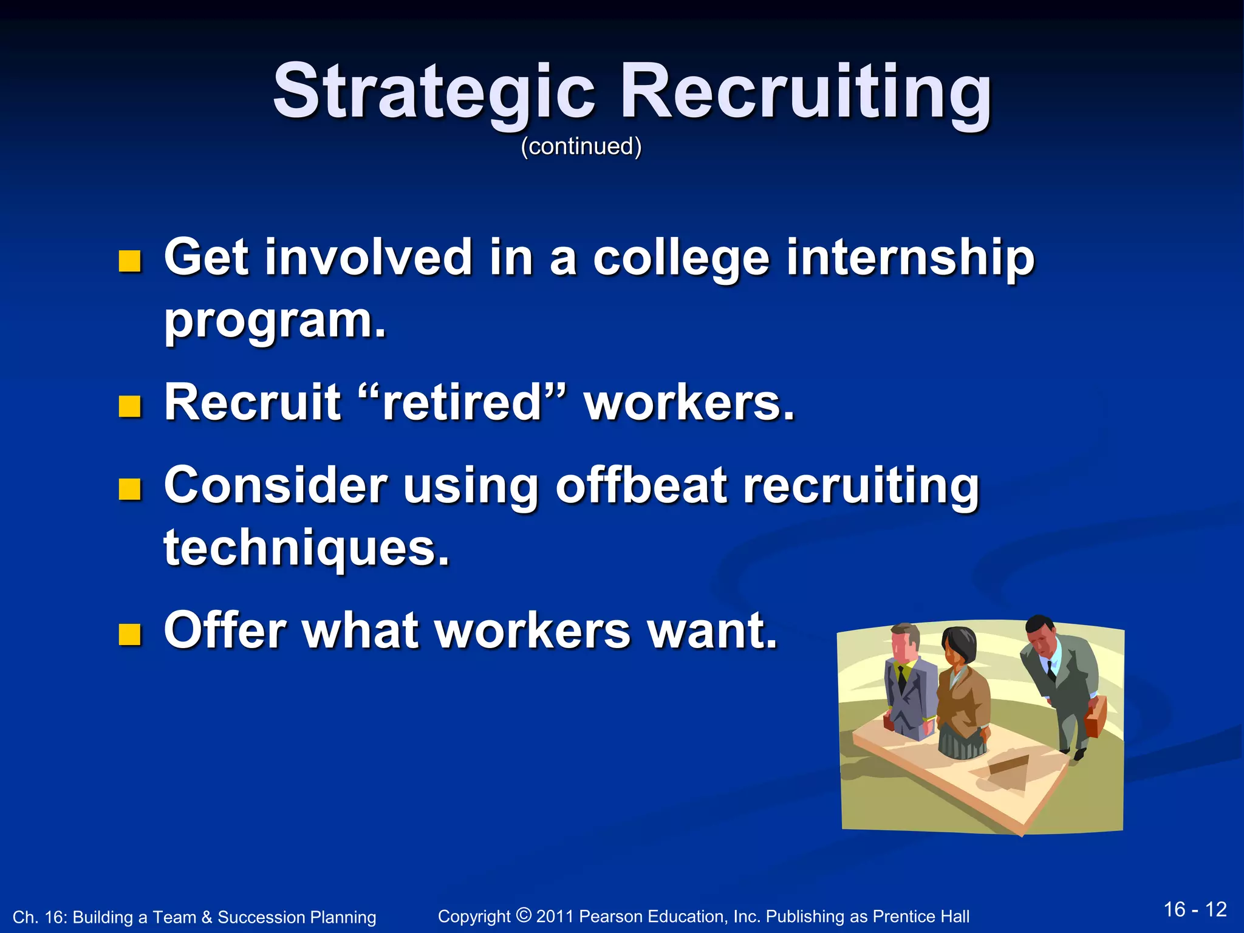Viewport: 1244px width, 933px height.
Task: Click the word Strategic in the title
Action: coord(434,92)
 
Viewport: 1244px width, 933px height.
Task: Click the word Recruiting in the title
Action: coord(804,92)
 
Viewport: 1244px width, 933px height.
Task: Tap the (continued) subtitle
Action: coord(581,146)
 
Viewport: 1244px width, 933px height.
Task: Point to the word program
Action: coord(275,321)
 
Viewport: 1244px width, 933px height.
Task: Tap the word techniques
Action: coord(306,547)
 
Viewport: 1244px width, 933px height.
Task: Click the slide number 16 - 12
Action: coord(1195,909)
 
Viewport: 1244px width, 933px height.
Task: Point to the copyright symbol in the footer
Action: coord(523,914)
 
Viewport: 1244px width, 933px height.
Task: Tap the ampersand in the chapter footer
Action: coord(207,917)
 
